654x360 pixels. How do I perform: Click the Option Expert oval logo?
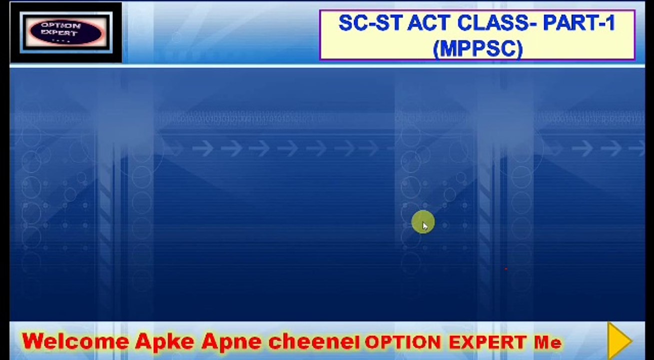pos(66,32)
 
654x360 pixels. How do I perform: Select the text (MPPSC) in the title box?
pos(478,49)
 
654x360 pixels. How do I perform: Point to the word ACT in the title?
pos(428,23)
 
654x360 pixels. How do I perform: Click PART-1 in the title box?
pos(580,23)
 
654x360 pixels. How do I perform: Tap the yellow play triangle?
pos(620,340)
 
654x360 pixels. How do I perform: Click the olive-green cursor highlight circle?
pos(423,222)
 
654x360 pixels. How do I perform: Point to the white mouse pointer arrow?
pos(425,226)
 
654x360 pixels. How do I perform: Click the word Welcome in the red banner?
pos(75,341)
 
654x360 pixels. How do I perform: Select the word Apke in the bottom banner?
pos(165,341)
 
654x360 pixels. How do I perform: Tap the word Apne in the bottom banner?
pos(231,341)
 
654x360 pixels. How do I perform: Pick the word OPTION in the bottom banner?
pos(403,342)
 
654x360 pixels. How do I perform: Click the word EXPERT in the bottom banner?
pos(488,342)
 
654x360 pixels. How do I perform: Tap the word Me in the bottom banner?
pos(548,342)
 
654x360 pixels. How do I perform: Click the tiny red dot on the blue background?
pos(506,269)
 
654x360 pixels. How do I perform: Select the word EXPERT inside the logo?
pos(59,32)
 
